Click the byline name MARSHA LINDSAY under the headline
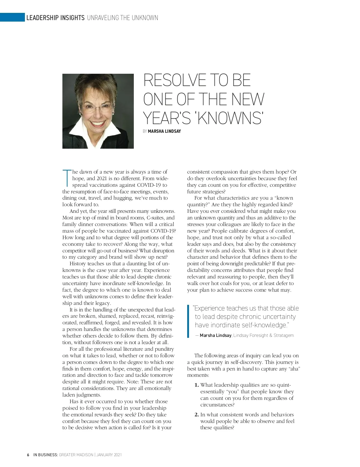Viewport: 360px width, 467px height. coord(164,131)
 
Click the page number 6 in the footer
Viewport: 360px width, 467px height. coord(28,455)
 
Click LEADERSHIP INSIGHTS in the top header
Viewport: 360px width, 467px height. coord(55,18)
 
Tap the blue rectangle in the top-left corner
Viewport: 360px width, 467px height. coord(12,17)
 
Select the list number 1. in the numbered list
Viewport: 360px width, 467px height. coord(196,385)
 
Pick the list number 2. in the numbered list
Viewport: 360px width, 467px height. coord(196,415)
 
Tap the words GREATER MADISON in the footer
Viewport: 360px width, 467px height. coord(76,455)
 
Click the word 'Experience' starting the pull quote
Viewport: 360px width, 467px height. coord(209,308)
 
